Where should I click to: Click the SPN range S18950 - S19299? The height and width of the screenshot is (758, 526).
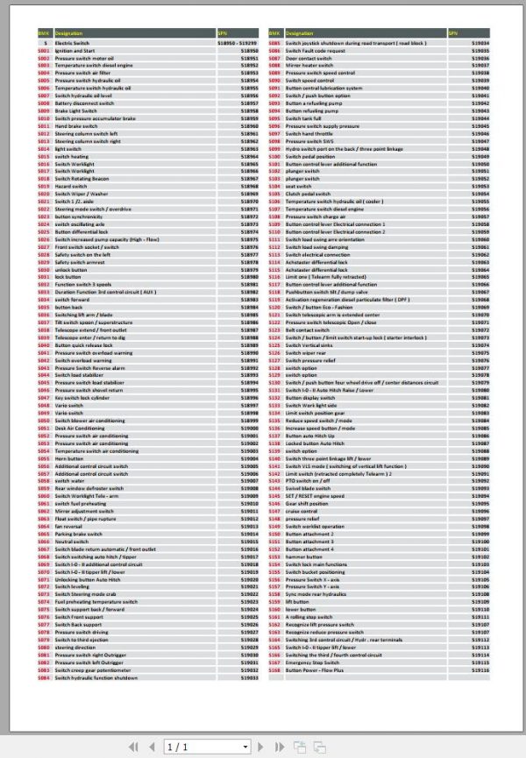(237, 42)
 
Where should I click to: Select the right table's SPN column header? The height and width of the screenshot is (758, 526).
(453, 33)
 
